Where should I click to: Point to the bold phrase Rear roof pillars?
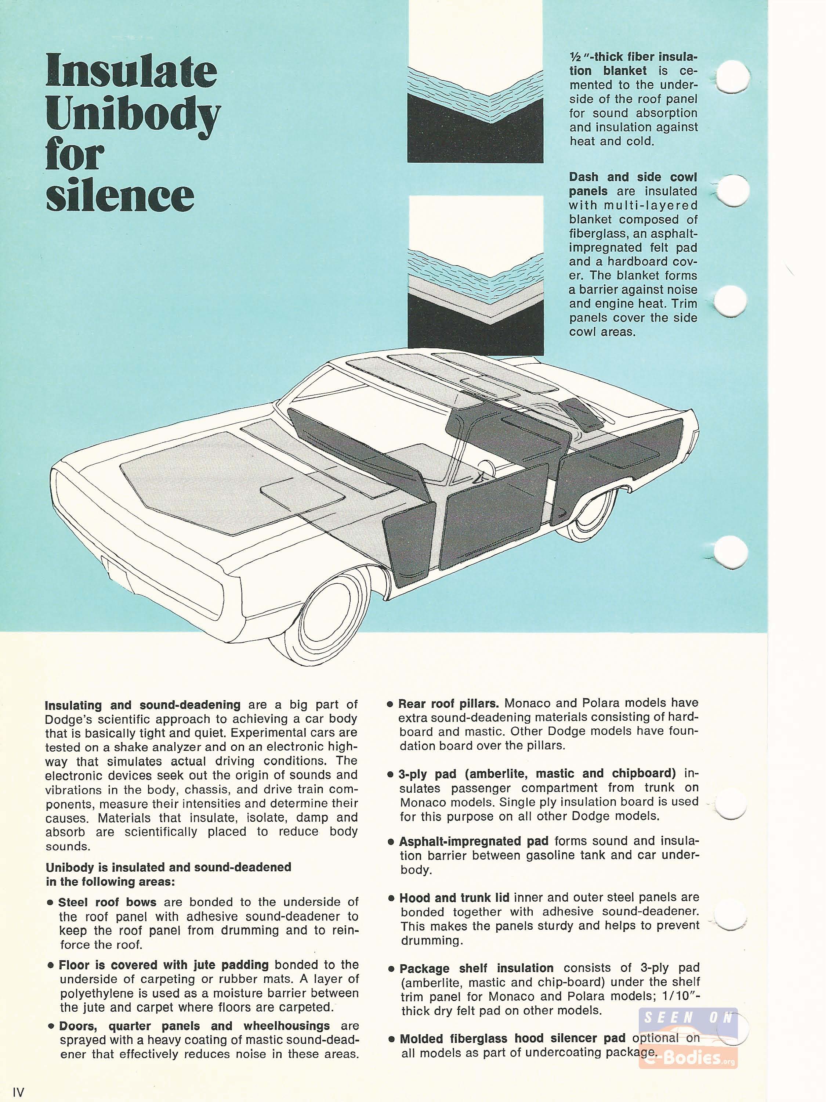point(448,703)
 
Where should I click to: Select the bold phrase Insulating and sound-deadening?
point(143,705)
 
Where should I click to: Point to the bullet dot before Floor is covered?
point(50,965)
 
